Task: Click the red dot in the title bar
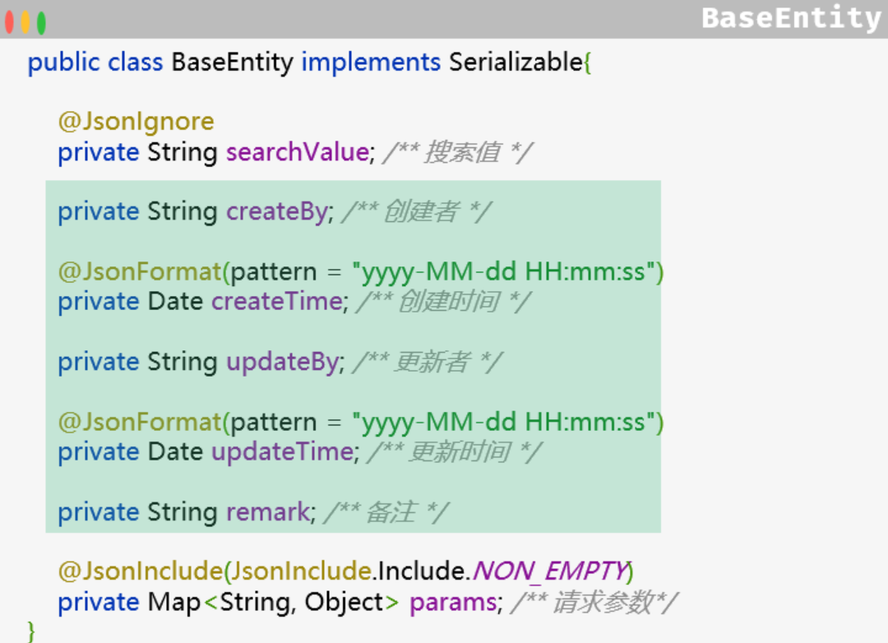(x=9, y=22)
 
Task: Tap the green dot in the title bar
(x=41, y=22)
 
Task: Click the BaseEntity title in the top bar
(x=791, y=18)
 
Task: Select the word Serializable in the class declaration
(x=516, y=62)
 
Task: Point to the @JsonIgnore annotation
(x=136, y=122)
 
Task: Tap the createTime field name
(x=276, y=301)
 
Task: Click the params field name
(x=453, y=602)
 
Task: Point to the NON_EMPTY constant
(x=549, y=571)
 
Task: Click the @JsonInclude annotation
(x=140, y=571)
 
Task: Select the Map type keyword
(x=174, y=602)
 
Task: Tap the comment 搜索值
(x=460, y=152)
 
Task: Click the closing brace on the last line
(x=31, y=631)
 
